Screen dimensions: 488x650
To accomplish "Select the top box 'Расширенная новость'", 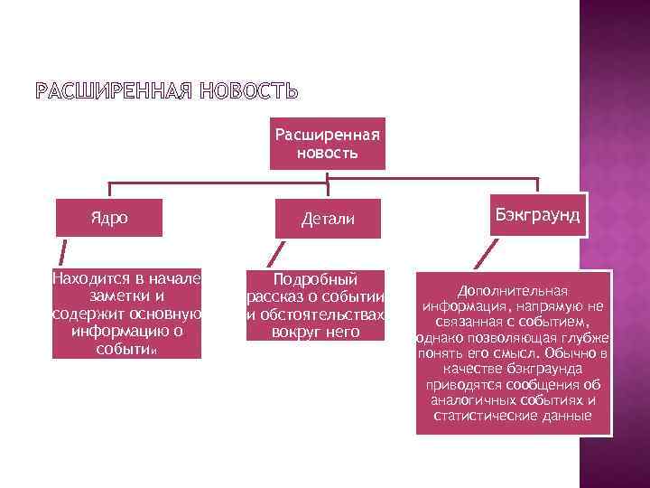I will [x=327, y=143].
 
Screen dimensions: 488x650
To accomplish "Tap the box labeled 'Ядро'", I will [x=109, y=218].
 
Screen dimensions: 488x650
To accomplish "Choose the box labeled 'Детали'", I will [x=327, y=219].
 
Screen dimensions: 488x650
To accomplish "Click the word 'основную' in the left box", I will [x=168, y=313].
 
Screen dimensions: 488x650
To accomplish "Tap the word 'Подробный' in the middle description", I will [x=315, y=278].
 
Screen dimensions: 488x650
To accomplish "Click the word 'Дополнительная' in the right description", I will [x=512, y=291].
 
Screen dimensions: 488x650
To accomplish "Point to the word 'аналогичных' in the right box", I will [x=483, y=400].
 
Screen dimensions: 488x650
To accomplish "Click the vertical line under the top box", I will [x=329, y=177].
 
